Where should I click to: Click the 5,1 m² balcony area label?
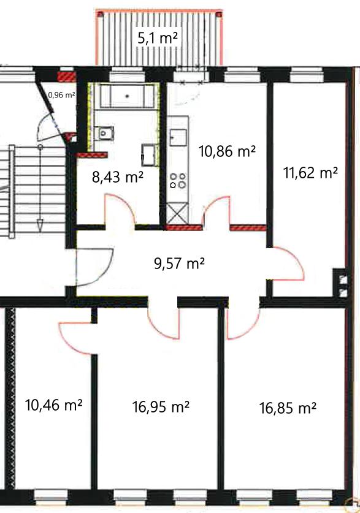[x=158, y=38]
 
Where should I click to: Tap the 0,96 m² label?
[x=62, y=95]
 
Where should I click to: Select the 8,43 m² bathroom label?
[x=118, y=177]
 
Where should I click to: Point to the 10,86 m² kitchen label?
[x=227, y=151]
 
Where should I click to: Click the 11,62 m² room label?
[x=310, y=172]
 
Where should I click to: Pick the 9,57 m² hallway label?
[x=179, y=263]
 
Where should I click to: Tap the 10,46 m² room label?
[x=54, y=405]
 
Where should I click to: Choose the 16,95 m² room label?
[x=161, y=407]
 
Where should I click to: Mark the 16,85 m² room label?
[x=288, y=408]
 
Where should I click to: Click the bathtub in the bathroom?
[x=127, y=96]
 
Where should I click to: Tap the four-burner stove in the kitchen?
[x=178, y=181]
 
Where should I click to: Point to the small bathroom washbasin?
[x=104, y=133]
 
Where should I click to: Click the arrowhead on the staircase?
[x=40, y=225]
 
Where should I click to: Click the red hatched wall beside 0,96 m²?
[x=67, y=77]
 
